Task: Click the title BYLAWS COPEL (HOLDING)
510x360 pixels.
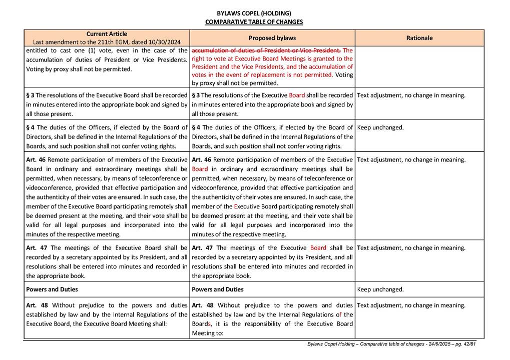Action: [254, 13]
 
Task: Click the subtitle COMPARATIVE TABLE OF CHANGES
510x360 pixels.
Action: [254, 22]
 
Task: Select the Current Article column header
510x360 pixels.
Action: [107, 33]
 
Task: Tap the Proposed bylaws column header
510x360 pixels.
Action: [272, 38]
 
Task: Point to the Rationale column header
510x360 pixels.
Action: [419, 38]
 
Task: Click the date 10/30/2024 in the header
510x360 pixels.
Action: [164, 42]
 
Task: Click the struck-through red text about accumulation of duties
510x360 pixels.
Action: [266, 50]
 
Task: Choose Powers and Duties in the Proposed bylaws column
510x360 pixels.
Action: [218, 289]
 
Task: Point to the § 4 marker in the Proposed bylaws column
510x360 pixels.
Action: [196, 127]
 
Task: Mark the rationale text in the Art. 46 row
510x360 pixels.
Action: [411, 160]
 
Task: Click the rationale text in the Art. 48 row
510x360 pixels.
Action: [411, 305]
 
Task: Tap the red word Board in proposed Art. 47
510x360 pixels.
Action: [318, 248]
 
